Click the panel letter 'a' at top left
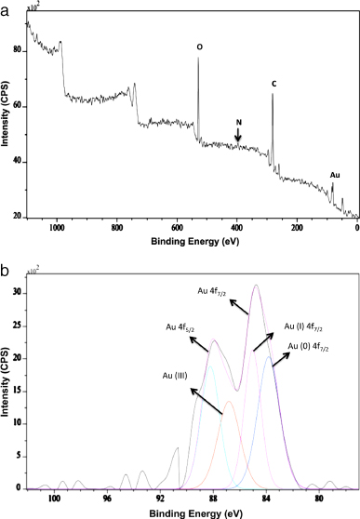pos(6,7)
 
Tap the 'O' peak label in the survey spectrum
pos(198,47)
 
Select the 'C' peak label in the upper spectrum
pos(273,84)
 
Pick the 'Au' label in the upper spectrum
pos(336,173)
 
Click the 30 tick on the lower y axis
pos(18,294)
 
